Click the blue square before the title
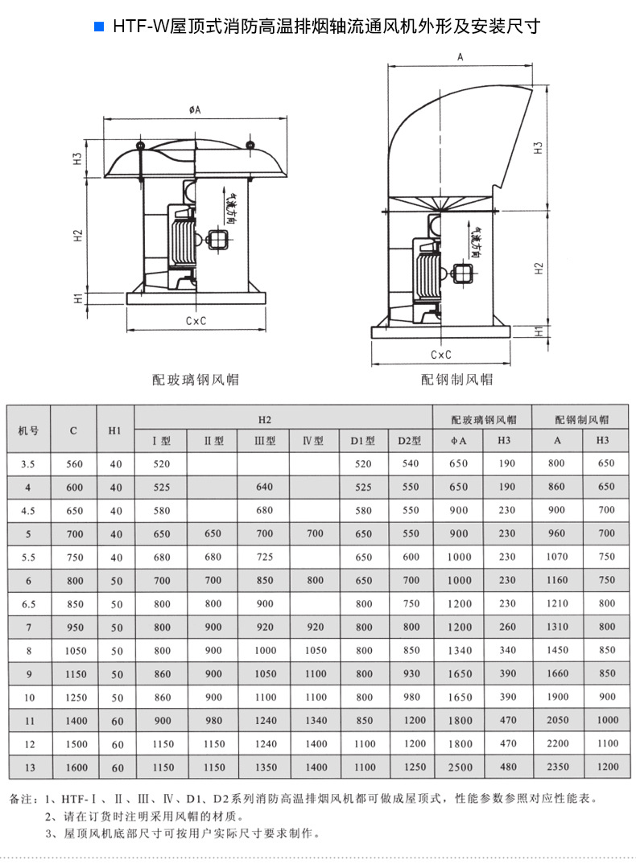pyautogui.click(x=99, y=27)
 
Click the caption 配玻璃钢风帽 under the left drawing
pyautogui.click(x=196, y=379)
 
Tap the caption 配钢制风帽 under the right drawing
pyautogui.click(x=456, y=379)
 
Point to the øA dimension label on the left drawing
pyautogui.click(x=195, y=109)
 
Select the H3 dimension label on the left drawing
pyautogui.click(x=78, y=158)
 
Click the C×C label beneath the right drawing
pyautogui.click(x=440, y=354)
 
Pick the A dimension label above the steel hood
pyautogui.click(x=460, y=57)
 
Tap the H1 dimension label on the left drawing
pyautogui.click(x=78, y=298)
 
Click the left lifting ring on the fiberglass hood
pyautogui.click(x=140, y=146)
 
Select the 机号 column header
pyautogui.click(x=28, y=430)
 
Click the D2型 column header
pyautogui.click(x=410, y=441)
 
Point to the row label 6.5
pyautogui.click(x=28, y=603)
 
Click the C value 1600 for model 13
pyautogui.click(x=73, y=767)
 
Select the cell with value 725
pyautogui.click(x=264, y=557)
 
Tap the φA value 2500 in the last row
pyautogui.click(x=458, y=767)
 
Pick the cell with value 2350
pyautogui.click(x=557, y=767)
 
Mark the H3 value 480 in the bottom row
pyautogui.click(x=507, y=767)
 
